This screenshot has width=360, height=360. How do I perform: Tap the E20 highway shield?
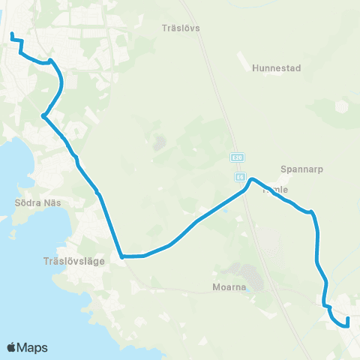click(237, 158)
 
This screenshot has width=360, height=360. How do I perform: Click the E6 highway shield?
click(238, 177)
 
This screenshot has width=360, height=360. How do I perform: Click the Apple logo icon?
click(12, 347)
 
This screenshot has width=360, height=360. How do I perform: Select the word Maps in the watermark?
click(34, 347)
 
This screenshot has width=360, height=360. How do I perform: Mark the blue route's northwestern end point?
click(11, 33)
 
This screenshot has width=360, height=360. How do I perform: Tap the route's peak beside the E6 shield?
click(252, 179)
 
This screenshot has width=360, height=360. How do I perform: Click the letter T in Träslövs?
click(164, 28)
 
